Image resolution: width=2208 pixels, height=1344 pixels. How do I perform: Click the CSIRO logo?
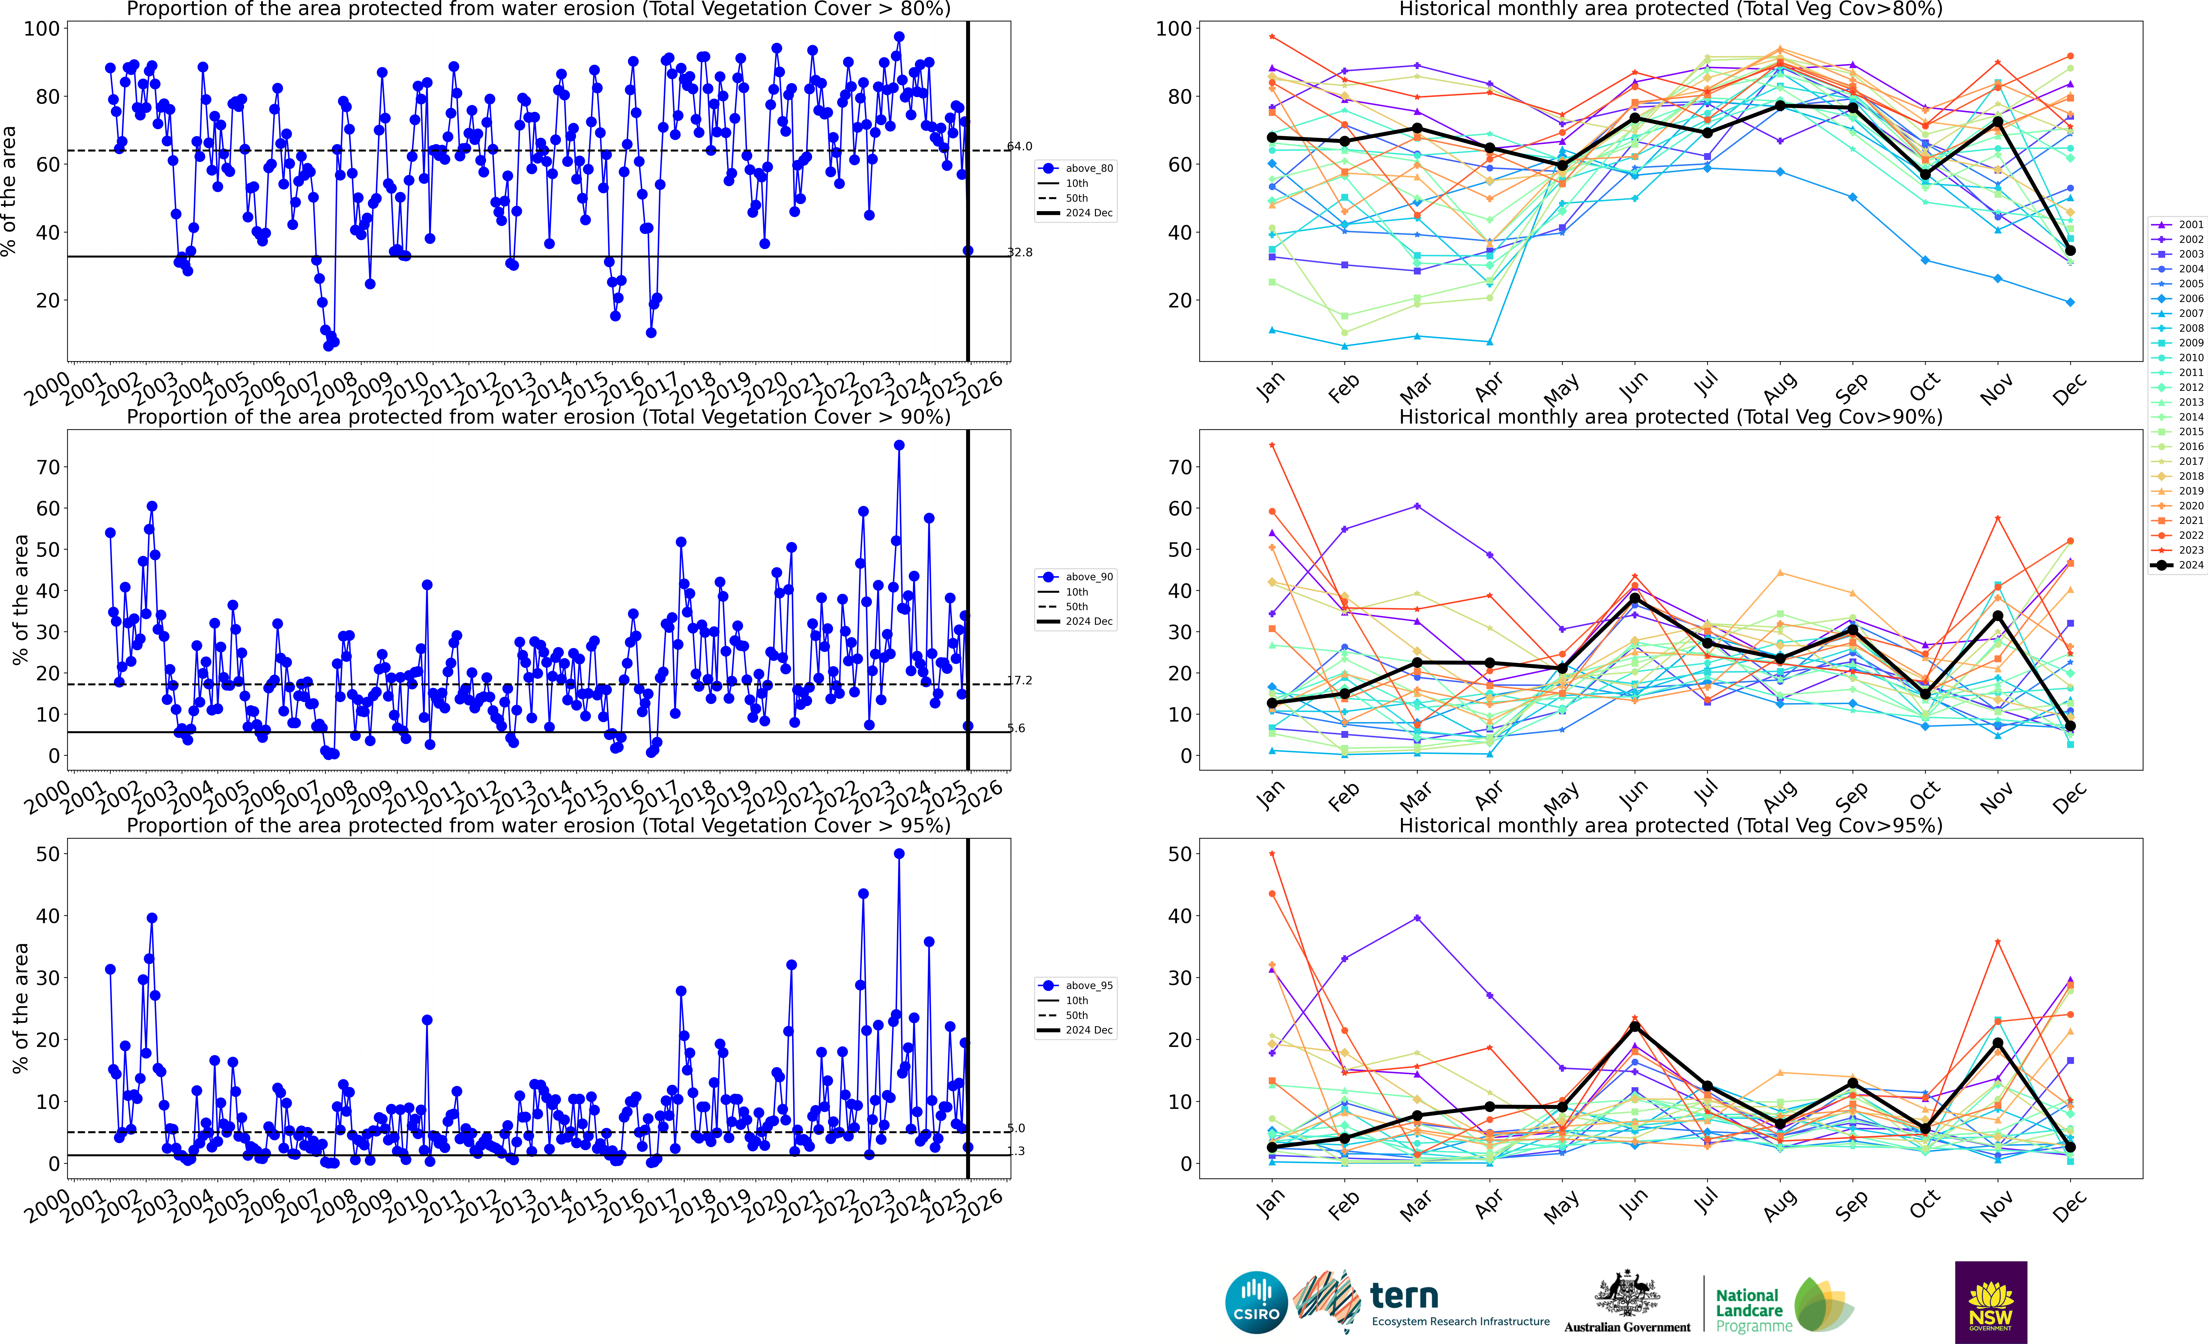pyautogui.click(x=1256, y=1302)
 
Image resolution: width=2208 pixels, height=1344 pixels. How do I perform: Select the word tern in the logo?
pyautogui.click(x=1404, y=1296)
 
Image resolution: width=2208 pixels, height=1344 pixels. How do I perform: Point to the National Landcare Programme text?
pyautogui.click(x=1748, y=1310)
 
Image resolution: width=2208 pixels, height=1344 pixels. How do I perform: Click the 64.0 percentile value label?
pyautogui.click(x=1020, y=146)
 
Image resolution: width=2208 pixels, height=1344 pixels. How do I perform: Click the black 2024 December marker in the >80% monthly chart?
pyautogui.click(x=2070, y=251)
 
